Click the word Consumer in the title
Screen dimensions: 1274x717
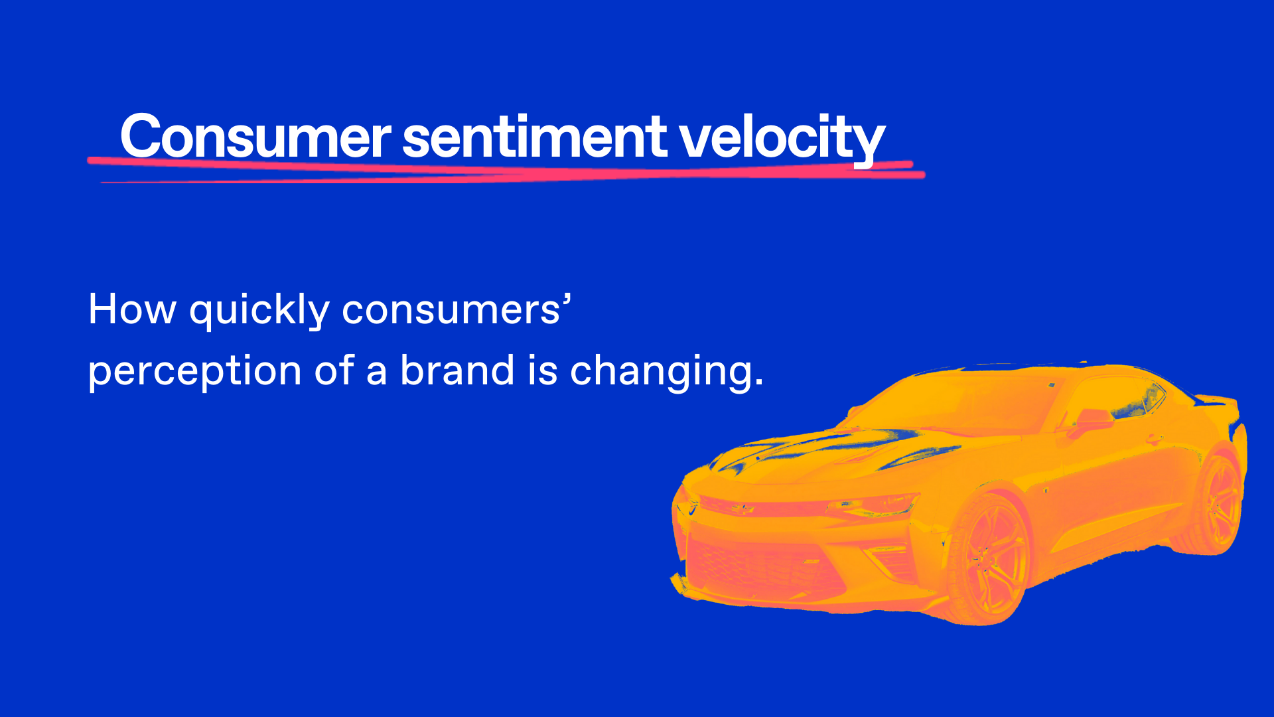click(255, 136)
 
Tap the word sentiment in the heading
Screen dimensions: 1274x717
click(535, 137)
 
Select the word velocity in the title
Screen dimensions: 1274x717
click(782, 139)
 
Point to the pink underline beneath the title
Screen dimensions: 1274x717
click(506, 170)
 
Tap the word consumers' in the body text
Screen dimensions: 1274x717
click(457, 309)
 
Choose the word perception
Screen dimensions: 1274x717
click(195, 372)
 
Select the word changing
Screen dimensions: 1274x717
click(667, 372)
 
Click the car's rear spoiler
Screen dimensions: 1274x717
click(1218, 400)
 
